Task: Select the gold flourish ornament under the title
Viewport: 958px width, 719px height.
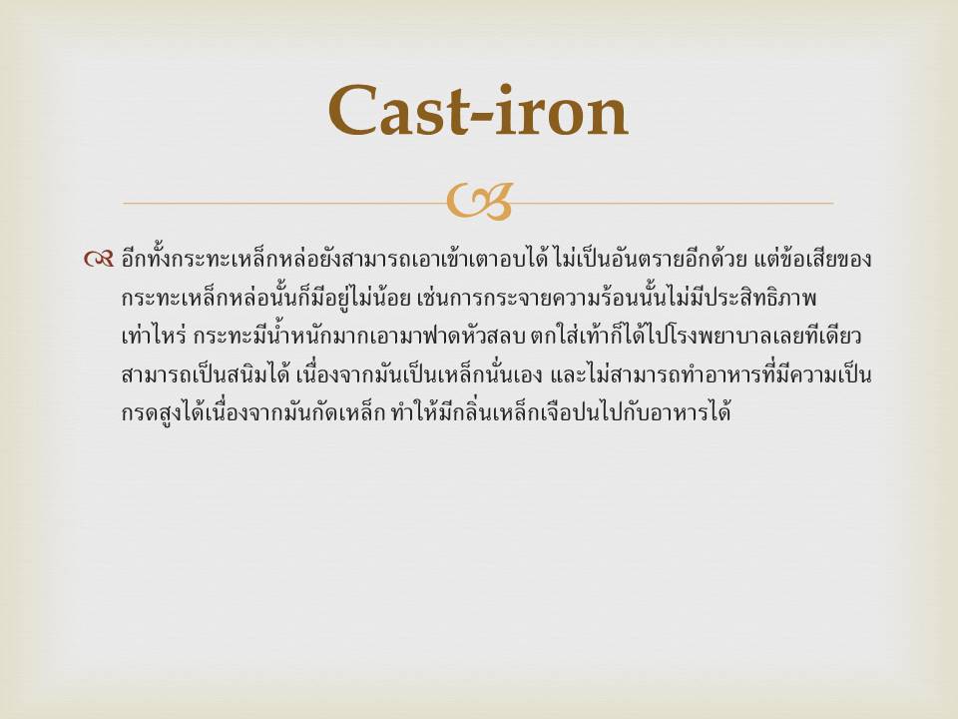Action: click(x=479, y=202)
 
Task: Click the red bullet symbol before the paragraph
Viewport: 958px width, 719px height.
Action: click(x=99, y=260)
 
